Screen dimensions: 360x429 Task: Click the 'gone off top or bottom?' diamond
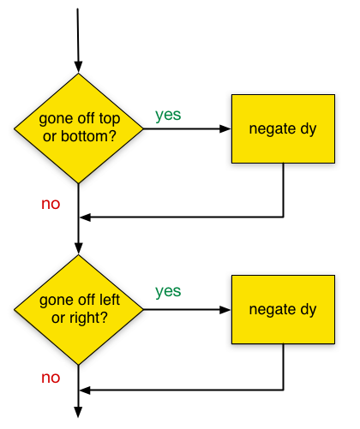(79, 128)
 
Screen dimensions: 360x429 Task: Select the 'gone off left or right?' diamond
(79, 310)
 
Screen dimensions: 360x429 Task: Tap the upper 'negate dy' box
(283, 128)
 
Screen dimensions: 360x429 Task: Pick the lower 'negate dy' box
(283, 309)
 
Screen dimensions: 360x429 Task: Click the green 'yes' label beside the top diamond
(168, 115)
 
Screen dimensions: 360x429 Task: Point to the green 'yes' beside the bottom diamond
(168, 291)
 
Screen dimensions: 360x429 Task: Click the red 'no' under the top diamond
(51, 204)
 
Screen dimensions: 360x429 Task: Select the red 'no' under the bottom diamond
(51, 378)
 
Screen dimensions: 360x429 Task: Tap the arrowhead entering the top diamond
(78, 67)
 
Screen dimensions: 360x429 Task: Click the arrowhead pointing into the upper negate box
(225, 128)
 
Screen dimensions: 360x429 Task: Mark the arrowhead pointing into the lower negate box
(225, 310)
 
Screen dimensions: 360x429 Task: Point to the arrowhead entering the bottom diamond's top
(78, 248)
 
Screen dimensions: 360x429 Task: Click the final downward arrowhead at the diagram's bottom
(78, 412)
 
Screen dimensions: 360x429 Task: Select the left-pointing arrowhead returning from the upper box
(85, 217)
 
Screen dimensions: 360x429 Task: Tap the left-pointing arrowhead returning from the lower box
(85, 390)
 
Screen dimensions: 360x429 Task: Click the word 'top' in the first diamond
(109, 119)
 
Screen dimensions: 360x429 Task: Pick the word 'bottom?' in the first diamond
(88, 136)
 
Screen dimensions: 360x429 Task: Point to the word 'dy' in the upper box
(309, 130)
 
